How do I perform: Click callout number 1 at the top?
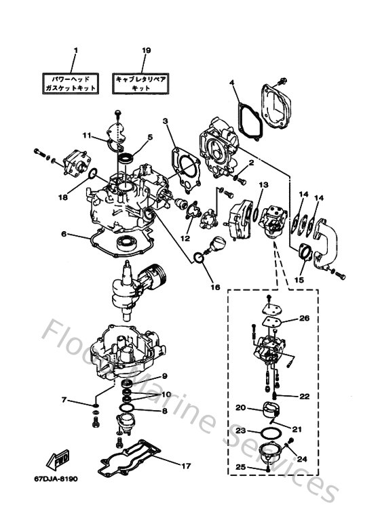point(75,51)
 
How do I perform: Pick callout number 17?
point(184,466)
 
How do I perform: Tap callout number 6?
point(64,234)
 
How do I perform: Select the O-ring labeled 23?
point(270,432)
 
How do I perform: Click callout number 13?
point(263,184)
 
